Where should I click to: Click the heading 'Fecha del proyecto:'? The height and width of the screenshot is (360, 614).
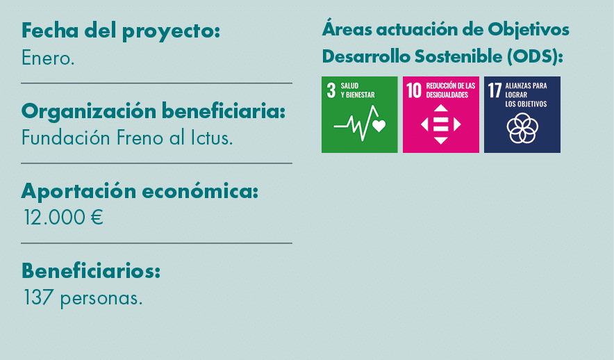tap(121, 31)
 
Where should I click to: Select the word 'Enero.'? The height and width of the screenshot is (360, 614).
tap(48, 58)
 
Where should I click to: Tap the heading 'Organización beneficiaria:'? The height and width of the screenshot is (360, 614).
tap(153, 111)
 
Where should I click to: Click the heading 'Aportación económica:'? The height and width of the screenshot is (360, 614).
tap(140, 191)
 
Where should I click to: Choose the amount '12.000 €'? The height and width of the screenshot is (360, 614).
tap(63, 218)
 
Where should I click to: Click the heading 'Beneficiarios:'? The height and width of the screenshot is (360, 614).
tap(91, 271)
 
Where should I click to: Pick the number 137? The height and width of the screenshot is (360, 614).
tap(39, 298)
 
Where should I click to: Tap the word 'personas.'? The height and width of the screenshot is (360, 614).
tap(101, 299)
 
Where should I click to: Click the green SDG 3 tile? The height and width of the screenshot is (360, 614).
tap(359, 115)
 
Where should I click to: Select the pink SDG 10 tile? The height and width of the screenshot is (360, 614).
tap(440, 115)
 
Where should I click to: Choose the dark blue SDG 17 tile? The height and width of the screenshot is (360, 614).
tap(522, 115)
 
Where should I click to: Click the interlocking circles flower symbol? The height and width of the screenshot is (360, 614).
tap(522, 128)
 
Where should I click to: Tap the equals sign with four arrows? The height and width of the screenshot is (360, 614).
tap(440, 124)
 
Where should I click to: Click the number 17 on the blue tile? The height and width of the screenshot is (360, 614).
tap(495, 90)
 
